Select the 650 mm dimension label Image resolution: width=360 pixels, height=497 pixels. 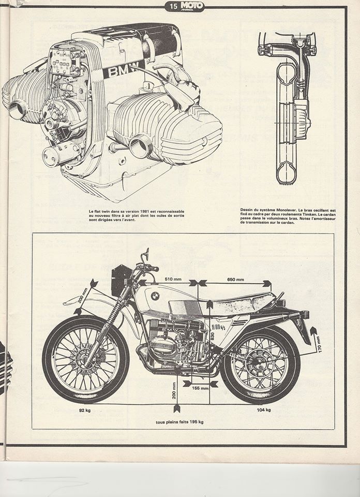click(236, 280)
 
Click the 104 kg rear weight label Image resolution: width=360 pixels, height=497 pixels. click(264, 410)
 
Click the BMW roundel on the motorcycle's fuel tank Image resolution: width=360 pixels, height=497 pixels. click(155, 296)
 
